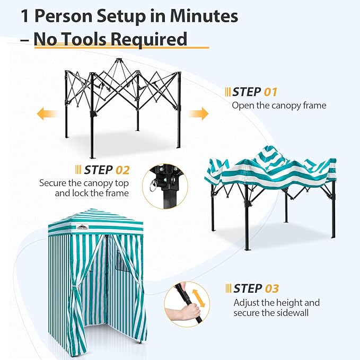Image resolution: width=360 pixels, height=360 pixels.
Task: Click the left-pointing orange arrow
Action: coord(47,113)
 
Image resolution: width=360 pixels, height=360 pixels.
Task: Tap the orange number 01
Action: coord(270,92)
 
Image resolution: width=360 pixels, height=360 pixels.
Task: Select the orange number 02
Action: coord(122,170)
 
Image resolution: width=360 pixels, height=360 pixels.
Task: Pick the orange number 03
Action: coord(272,288)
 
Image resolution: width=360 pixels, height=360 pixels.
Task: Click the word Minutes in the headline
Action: coord(204,16)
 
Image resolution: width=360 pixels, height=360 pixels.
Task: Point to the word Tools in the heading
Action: coord(83,39)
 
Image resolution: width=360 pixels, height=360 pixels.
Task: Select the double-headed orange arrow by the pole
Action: coord(198,298)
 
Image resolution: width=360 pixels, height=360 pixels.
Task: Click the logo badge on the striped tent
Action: coord(82,226)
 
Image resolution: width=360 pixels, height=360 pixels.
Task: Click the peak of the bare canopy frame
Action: coord(118,60)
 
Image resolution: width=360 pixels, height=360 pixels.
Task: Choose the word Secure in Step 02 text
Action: coord(52,183)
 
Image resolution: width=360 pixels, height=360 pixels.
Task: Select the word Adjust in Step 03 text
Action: coord(247,303)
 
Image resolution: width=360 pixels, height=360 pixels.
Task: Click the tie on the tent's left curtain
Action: coord(74,286)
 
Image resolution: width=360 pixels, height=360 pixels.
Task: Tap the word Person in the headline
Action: coord(64,16)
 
